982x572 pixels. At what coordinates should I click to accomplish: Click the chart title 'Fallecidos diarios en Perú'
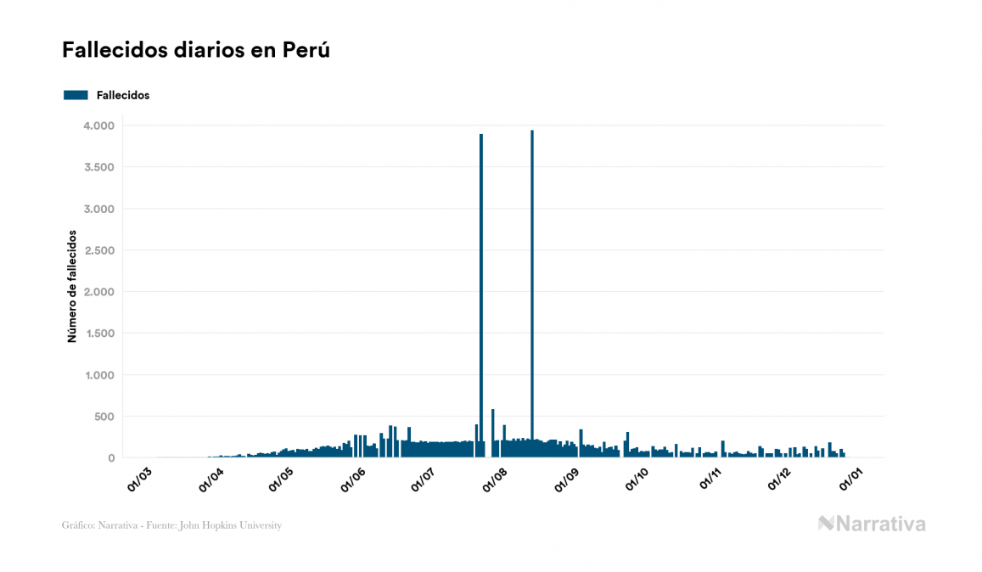click(x=195, y=50)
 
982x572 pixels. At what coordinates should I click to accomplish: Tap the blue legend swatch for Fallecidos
click(x=76, y=95)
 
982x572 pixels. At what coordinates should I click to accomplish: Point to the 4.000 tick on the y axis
click(x=98, y=126)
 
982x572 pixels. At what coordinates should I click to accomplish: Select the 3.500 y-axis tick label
click(x=98, y=167)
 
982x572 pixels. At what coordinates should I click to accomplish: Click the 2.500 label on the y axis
click(x=98, y=250)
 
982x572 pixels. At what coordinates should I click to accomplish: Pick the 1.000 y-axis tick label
click(x=98, y=375)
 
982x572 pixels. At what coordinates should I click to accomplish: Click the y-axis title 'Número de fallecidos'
click(x=72, y=285)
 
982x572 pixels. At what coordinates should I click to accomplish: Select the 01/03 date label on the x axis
click(x=140, y=478)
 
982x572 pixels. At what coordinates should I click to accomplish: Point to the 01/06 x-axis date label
click(x=353, y=478)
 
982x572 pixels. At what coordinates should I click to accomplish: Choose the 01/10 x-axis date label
click(x=637, y=478)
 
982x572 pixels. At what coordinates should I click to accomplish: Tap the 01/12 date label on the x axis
click(x=780, y=478)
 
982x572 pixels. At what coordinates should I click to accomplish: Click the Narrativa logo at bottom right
click(x=872, y=524)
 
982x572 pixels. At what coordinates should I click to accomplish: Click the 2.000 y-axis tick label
click(x=98, y=292)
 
